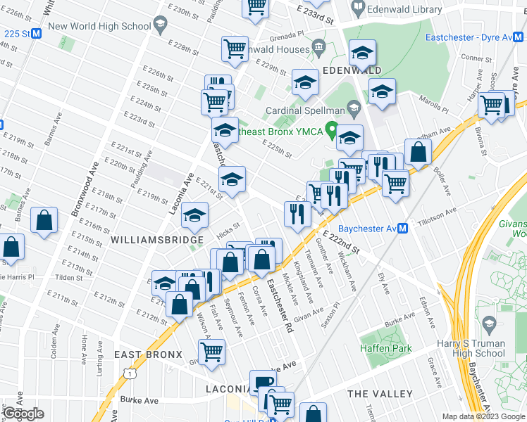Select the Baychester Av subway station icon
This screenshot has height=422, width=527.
[x=403, y=229]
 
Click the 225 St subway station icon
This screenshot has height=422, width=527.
[x=37, y=34]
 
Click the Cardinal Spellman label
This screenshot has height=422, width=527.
[x=305, y=110]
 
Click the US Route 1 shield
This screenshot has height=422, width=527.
[x=128, y=373]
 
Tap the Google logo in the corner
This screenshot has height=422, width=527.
[x=24, y=414]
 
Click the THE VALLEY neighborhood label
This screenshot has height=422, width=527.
[x=380, y=393]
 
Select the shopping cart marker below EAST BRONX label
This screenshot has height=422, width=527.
[x=211, y=352]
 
